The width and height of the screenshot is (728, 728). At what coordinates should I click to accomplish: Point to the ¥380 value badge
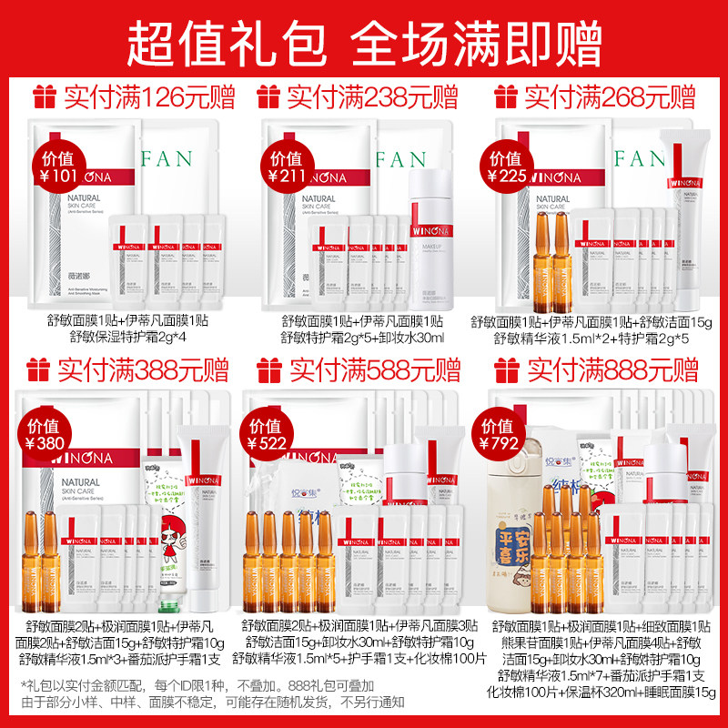click(45, 436)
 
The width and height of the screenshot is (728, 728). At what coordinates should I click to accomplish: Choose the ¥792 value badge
click(500, 436)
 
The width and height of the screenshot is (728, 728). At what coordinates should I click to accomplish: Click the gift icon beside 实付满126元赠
click(45, 96)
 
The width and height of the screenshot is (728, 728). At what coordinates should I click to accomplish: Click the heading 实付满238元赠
click(372, 96)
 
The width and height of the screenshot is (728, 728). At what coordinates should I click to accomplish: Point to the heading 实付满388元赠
click(142, 369)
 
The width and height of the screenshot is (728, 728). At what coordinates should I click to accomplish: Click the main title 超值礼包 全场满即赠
click(364, 38)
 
